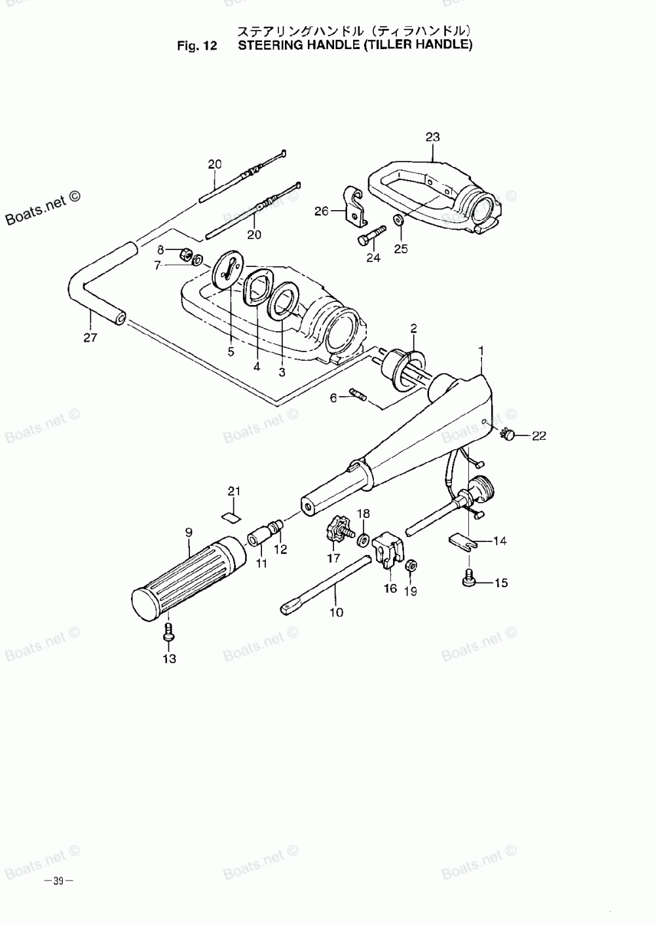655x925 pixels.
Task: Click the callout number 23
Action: click(x=432, y=137)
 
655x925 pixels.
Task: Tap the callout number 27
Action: click(x=90, y=338)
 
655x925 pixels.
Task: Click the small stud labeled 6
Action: click(x=360, y=395)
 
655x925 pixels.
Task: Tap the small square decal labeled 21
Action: click(x=230, y=515)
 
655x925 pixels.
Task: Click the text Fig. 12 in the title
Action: click(x=196, y=46)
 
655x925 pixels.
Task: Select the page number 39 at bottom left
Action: click(x=58, y=880)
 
